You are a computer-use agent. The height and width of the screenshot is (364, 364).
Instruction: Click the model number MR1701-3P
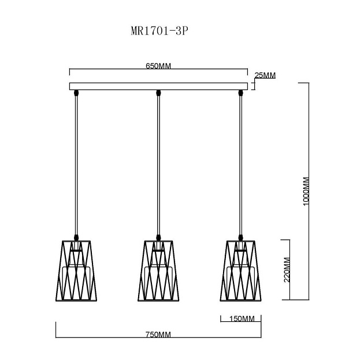coord(159,31)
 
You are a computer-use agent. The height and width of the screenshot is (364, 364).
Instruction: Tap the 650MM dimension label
coord(158,66)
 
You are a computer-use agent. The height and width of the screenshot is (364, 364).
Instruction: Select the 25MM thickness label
coord(265,76)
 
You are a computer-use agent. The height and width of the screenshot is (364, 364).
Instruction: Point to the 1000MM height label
coord(306,191)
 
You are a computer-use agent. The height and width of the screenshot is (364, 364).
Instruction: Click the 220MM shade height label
coord(287,270)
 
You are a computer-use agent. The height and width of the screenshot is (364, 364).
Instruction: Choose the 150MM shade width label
coord(242,319)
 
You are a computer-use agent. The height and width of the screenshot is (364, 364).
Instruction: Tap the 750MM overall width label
coord(158,335)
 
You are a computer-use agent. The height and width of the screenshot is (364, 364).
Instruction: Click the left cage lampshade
coord(76,270)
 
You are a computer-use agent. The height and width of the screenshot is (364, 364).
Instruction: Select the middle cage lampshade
coord(158,270)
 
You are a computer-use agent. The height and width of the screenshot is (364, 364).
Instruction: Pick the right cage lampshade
coord(241,270)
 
